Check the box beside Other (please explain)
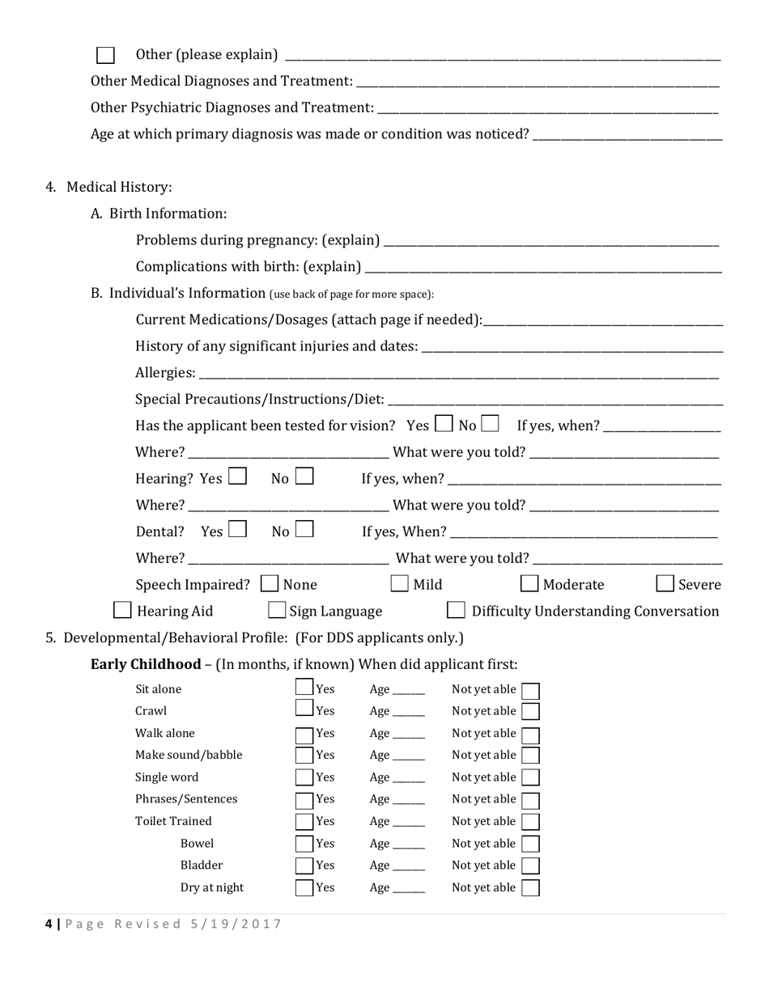(x=105, y=55)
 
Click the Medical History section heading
(x=119, y=187)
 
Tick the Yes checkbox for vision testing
(x=444, y=423)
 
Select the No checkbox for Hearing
(x=304, y=477)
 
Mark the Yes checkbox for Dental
(x=237, y=530)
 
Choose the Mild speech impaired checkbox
(x=400, y=583)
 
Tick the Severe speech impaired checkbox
(x=665, y=583)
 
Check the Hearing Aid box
(x=122, y=610)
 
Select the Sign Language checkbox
(x=277, y=610)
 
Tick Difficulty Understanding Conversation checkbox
(x=457, y=610)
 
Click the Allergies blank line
(x=458, y=374)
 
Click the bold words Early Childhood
(x=146, y=664)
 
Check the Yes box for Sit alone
(x=304, y=688)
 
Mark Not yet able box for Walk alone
(x=531, y=735)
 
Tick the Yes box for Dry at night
(x=304, y=887)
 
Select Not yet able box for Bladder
(x=531, y=866)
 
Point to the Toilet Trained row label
(x=173, y=821)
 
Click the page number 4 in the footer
(x=49, y=924)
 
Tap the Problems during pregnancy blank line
(x=550, y=241)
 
